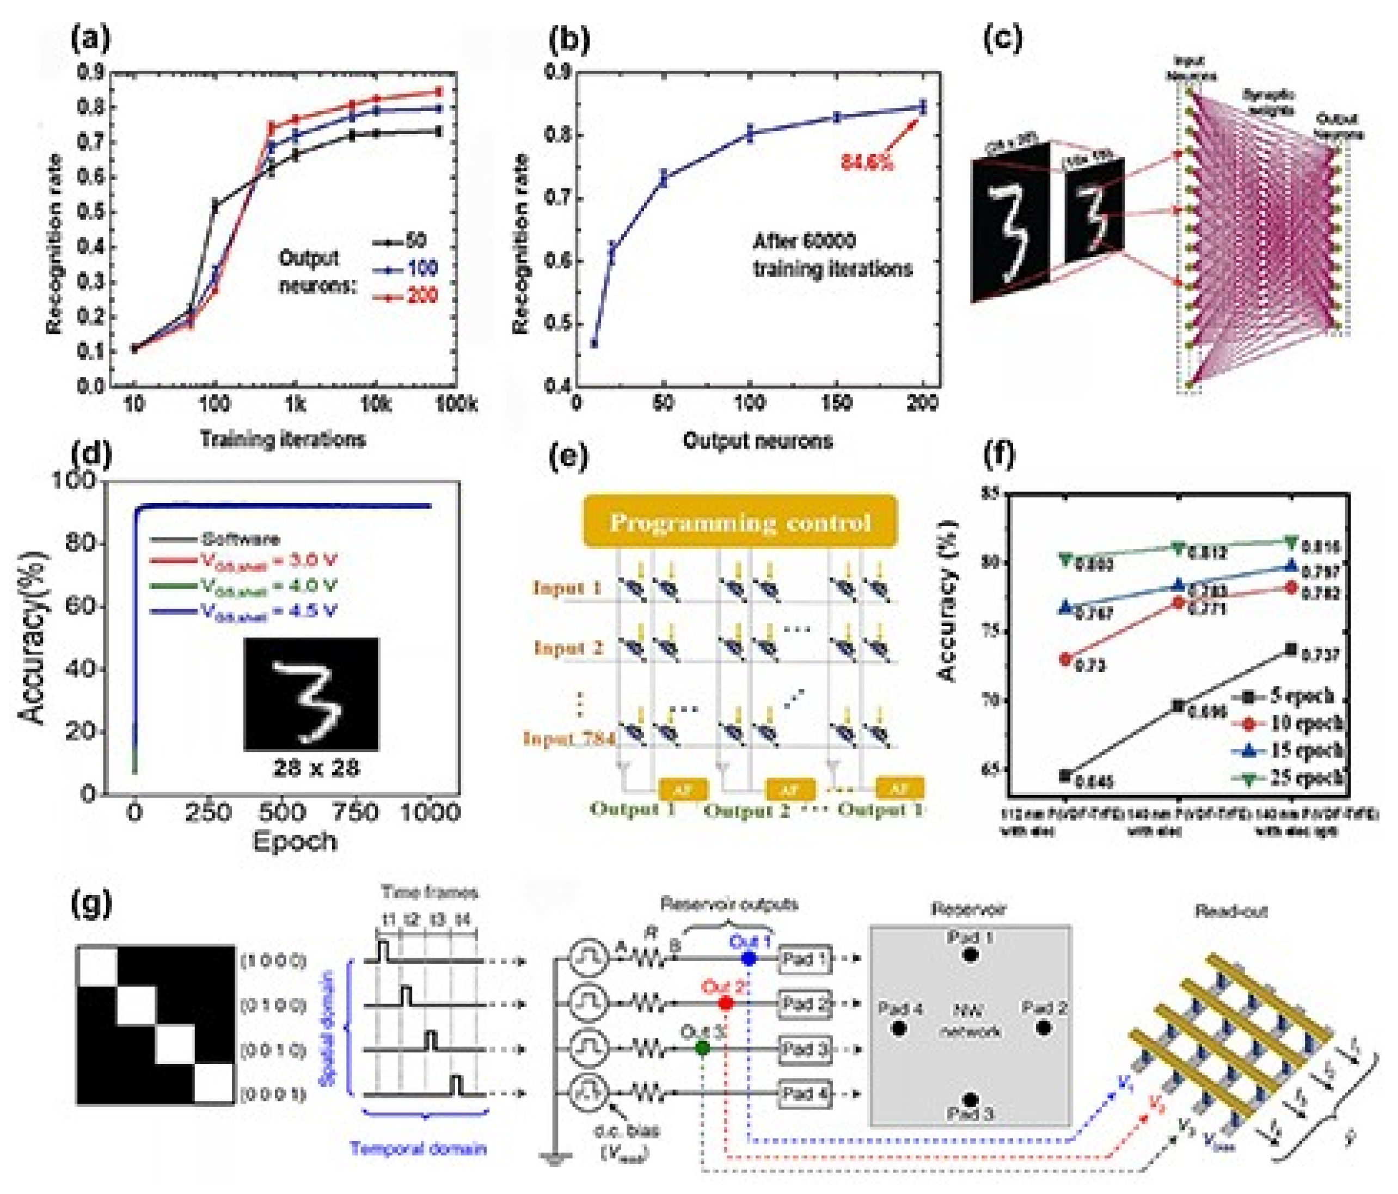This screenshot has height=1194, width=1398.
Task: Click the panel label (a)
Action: click(90, 40)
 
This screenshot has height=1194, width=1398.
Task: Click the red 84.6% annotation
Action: click(867, 162)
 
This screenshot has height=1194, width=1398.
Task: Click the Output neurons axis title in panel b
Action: click(758, 441)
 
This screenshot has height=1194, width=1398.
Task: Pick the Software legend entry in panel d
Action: click(240, 538)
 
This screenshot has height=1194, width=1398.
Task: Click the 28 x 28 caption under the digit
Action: click(316, 768)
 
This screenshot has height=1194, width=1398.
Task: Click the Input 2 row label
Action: click(568, 648)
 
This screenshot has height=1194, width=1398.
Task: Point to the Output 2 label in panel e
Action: click(746, 809)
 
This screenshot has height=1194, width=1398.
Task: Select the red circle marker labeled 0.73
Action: click(1066, 659)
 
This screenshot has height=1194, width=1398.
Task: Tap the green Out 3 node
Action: click(702, 1048)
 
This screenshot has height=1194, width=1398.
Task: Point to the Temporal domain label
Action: click(418, 1148)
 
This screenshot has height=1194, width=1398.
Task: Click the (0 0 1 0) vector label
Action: click(273, 1050)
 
